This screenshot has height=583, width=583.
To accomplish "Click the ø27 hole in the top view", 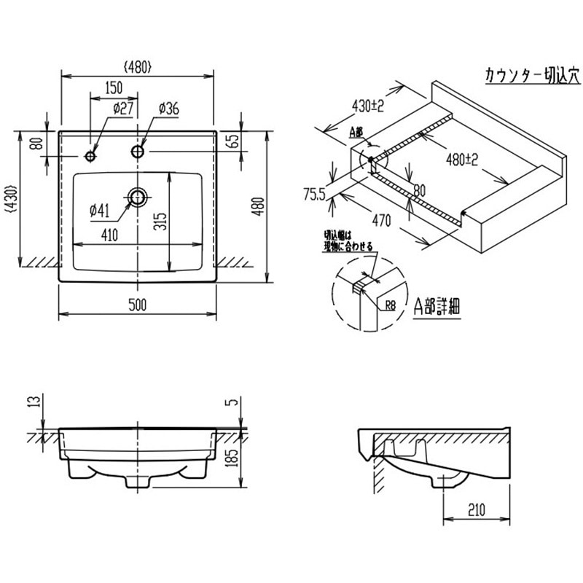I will click(x=90, y=156).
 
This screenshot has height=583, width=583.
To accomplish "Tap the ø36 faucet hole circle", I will click(x=138, y=151).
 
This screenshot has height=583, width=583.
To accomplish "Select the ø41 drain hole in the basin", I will click(x=137, y=195).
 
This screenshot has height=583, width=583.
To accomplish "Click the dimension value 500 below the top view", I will click(x=138, y=305).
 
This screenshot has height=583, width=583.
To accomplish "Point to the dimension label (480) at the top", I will click(x=138, y=66).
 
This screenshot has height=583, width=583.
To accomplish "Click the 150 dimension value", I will click(x=113, y=88).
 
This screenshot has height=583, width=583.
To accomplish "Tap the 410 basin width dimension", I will click(x=109, y=235).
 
